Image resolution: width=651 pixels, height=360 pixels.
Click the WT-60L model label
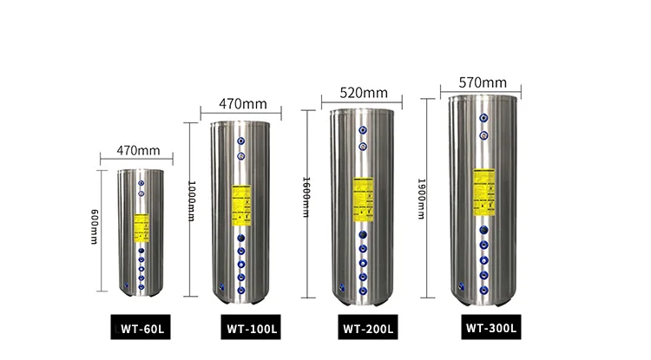click(142, 330)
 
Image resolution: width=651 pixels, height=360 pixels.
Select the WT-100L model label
click(252, 329)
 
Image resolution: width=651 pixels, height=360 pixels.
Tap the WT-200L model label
click(368, 329)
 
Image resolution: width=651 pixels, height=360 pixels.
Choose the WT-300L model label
click(490, 328)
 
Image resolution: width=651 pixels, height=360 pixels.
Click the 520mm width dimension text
click(364, 93)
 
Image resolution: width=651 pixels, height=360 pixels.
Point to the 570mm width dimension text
click(484, 82)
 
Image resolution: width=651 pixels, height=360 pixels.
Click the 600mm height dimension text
click(94, 226)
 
